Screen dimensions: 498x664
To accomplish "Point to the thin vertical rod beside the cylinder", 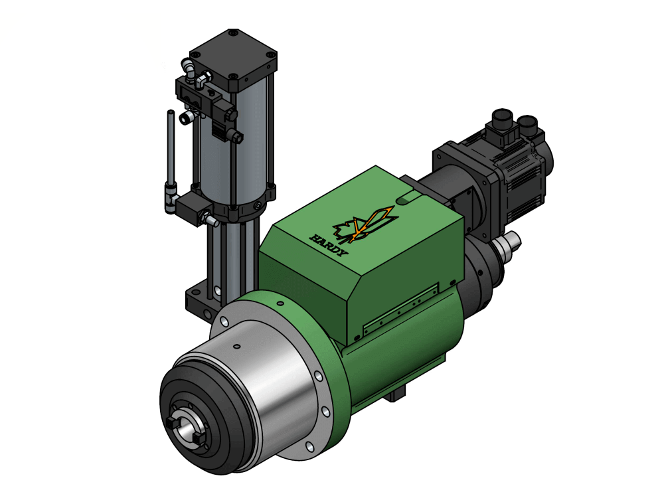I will click(170, 149).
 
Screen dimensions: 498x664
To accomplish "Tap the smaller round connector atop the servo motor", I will click(528, 124).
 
